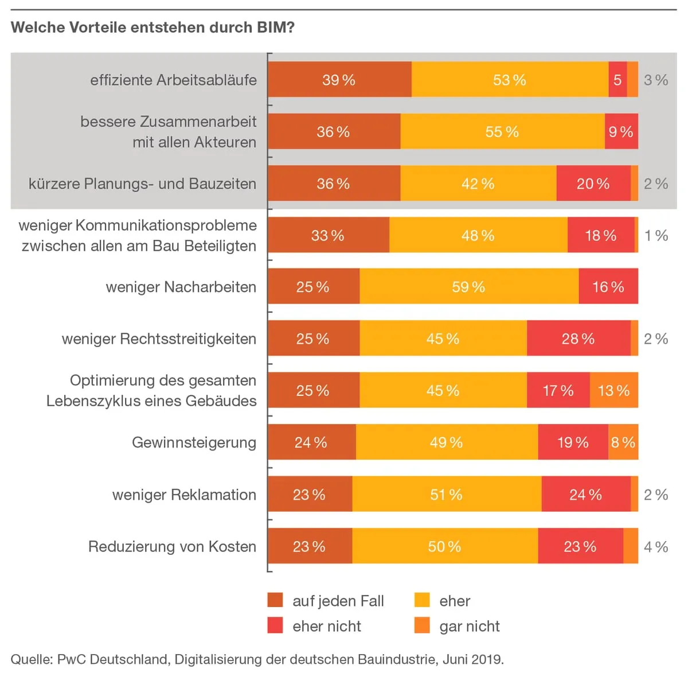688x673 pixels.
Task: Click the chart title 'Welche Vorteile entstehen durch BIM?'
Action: click(x=153, y=28)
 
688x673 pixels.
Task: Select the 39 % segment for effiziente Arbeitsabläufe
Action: click(x=339, y=80)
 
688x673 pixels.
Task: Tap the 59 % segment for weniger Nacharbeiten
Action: click(x=468, y=287)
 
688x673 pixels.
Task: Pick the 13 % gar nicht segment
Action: click(x=613, y=391)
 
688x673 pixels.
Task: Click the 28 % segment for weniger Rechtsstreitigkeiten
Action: click(x=578, y=339)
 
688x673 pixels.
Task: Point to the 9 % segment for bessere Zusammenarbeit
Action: click(x=621, y=132)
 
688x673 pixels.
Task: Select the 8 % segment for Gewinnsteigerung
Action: click(x=623, y=442)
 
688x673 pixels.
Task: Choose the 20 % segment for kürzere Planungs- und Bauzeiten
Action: click(x=593, y=184)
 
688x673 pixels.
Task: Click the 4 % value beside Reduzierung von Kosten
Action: click(x=656, y=547)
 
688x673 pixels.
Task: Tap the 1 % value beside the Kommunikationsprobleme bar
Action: click(x=656, y=235)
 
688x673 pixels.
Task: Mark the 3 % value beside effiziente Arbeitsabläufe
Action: click(x=656, y=80)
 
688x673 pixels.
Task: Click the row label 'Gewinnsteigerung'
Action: click(x=194, y=442)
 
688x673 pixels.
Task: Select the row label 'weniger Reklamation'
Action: click(x=184, y=495)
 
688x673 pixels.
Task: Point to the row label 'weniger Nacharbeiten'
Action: click(x=181, y=287)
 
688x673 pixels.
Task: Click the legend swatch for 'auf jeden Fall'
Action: click(x=275, y=600)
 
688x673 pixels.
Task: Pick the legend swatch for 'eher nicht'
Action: click(x=275, y=625)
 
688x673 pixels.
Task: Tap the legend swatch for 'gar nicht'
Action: click(x=422, y=625)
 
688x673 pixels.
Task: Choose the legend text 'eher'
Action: click(x=455, y=601)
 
